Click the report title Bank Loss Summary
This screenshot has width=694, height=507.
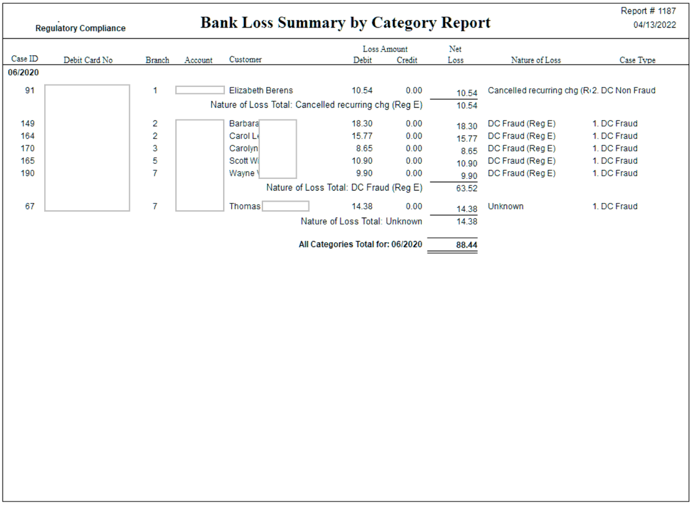pos(346,23)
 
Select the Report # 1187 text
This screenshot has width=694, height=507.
pos(648,12)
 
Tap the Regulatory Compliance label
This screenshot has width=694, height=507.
pos(80,28)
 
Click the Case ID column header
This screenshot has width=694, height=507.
pos(25,59)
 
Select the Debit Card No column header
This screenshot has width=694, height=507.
pos(88,60)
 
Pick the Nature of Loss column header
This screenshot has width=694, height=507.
pos(536,60)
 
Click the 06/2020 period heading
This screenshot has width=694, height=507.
pos(23,72)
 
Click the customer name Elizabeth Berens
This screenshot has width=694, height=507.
pos(261,91)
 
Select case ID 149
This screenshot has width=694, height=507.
pos(28,124)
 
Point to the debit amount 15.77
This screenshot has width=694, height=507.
pos(362,136)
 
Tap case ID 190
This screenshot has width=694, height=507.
pos(28,173)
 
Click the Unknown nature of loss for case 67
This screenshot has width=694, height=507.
pos(506,207)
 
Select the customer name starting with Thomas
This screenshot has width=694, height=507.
pos(245,207)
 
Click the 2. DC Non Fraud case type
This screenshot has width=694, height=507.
pos(624,91)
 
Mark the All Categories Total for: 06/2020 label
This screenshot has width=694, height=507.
pos(360,245)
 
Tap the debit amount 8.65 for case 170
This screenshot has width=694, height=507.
pos(364,148)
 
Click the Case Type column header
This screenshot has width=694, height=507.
pos(637,60)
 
